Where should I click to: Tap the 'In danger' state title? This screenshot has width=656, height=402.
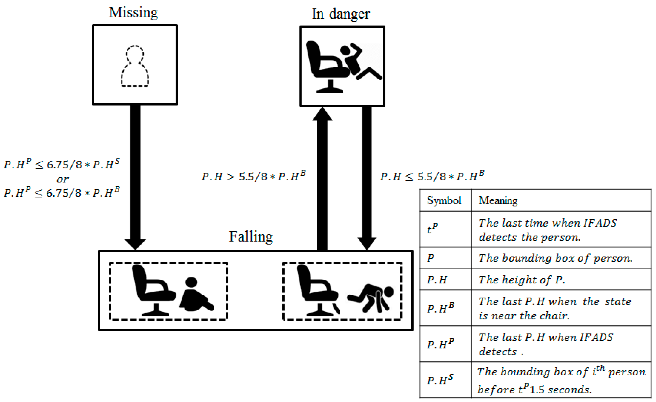pyautogui.click(x=341, y=14)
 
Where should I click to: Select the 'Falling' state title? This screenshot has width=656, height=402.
pyautogui.click(x=251, y=236)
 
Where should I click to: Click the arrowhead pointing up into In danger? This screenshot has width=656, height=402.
pyautogui.click(x=322, y=114)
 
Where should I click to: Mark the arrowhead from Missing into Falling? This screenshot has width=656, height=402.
pyautogui.click(x=135, y=244)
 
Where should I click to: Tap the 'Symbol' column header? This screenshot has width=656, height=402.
pyautogui.click(x=444, y=200)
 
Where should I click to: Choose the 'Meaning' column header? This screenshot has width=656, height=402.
pyautogui.click(x=498, y=200)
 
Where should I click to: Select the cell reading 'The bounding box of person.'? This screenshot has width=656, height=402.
pyautogui.click(x=555, y=258)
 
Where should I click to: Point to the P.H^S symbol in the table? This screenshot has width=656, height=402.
pyautogui.click(x=440, y=380)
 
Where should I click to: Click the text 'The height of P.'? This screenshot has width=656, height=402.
pyautogui.click(x=521, y=279)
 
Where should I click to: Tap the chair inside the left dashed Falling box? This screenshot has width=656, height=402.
pyautogui.click(x=153, y=290)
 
